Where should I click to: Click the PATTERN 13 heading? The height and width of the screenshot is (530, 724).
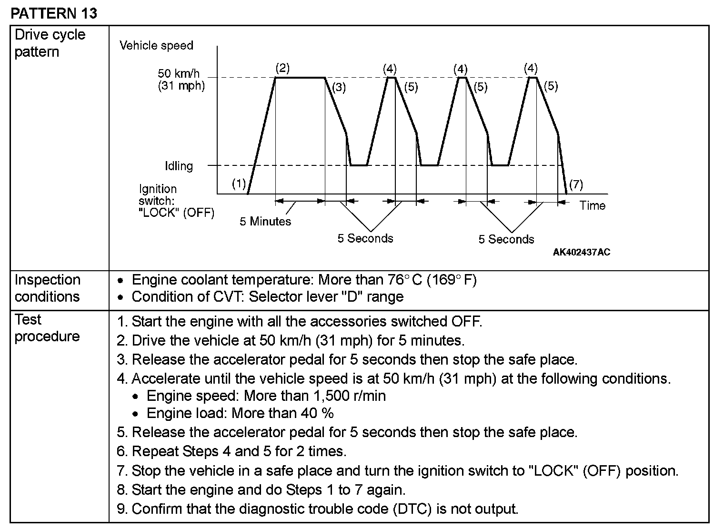coord(54,13)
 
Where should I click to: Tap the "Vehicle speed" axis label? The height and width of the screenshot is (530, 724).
coord(156,46)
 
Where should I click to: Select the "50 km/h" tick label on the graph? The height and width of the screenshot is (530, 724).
coord(179,73)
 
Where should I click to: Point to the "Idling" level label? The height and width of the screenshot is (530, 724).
coord(179,166)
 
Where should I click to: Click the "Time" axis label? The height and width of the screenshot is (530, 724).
coord(593,205)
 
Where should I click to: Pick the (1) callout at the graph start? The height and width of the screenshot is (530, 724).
coord(239,184)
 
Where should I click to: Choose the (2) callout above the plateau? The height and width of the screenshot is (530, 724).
coord(282,68)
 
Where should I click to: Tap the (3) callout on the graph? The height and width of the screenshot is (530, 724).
coord(339,87)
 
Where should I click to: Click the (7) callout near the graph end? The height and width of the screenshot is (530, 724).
coord(576,184)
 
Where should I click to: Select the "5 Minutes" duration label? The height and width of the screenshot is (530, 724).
coord(265,221)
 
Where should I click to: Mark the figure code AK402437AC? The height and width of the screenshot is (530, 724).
coord(581,252)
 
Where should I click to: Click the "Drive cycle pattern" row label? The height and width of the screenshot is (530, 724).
coord(50,43)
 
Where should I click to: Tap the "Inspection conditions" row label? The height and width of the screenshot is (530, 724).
coord(47,288)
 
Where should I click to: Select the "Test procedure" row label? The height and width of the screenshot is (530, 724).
coord(47,328)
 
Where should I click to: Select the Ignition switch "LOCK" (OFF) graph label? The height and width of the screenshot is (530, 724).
coord(176,201)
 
